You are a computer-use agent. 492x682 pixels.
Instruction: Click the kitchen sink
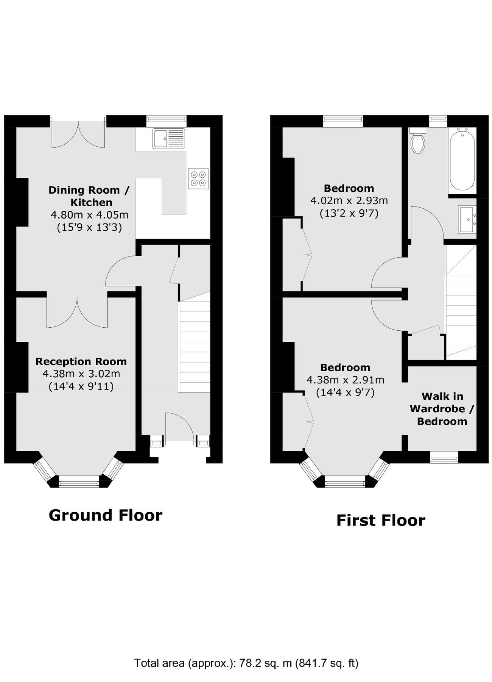pyautogui.click(x=169, y=139)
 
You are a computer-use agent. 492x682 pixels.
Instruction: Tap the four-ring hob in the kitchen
pyautogui.click(x=199, y=178)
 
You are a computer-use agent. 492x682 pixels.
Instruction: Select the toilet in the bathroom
pyautogui.click(x=418, y=140)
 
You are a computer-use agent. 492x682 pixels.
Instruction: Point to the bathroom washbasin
pyautogui.click(x=467, y=219)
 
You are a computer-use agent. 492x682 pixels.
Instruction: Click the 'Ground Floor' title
pyautogui.click(x=106, y=515)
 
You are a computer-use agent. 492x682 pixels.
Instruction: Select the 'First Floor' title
pyautogui.click(x=381, y=520)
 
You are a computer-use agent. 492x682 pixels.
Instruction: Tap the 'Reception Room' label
pyautogui.click(x=81, y=361)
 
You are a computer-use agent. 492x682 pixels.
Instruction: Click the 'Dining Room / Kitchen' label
pyautogui.click(x=89, y=196)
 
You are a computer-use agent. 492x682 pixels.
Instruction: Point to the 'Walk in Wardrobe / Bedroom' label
pyautogui.click(x=442, y=409)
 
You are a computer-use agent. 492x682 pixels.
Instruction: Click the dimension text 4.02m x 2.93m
pyautogui.click(x=349, y=200)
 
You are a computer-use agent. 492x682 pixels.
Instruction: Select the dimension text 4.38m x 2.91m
pyautogui.click(x=345, y=380)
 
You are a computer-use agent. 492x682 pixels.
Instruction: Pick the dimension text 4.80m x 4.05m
pyautogui.click(x=89, y=215)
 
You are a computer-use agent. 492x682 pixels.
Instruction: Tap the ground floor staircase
pyautogui.click(x=195, y=342)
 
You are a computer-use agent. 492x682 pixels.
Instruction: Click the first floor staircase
pyautogui.click(x=461, y=302)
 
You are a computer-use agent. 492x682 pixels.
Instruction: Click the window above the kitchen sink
pyautogui.click(x=167, y=121)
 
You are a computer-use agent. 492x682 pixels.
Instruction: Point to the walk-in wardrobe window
pyautogui.click(x=444, y=458)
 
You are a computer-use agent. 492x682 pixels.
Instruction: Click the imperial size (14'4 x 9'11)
pyautogui.click(x=81, y=386)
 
